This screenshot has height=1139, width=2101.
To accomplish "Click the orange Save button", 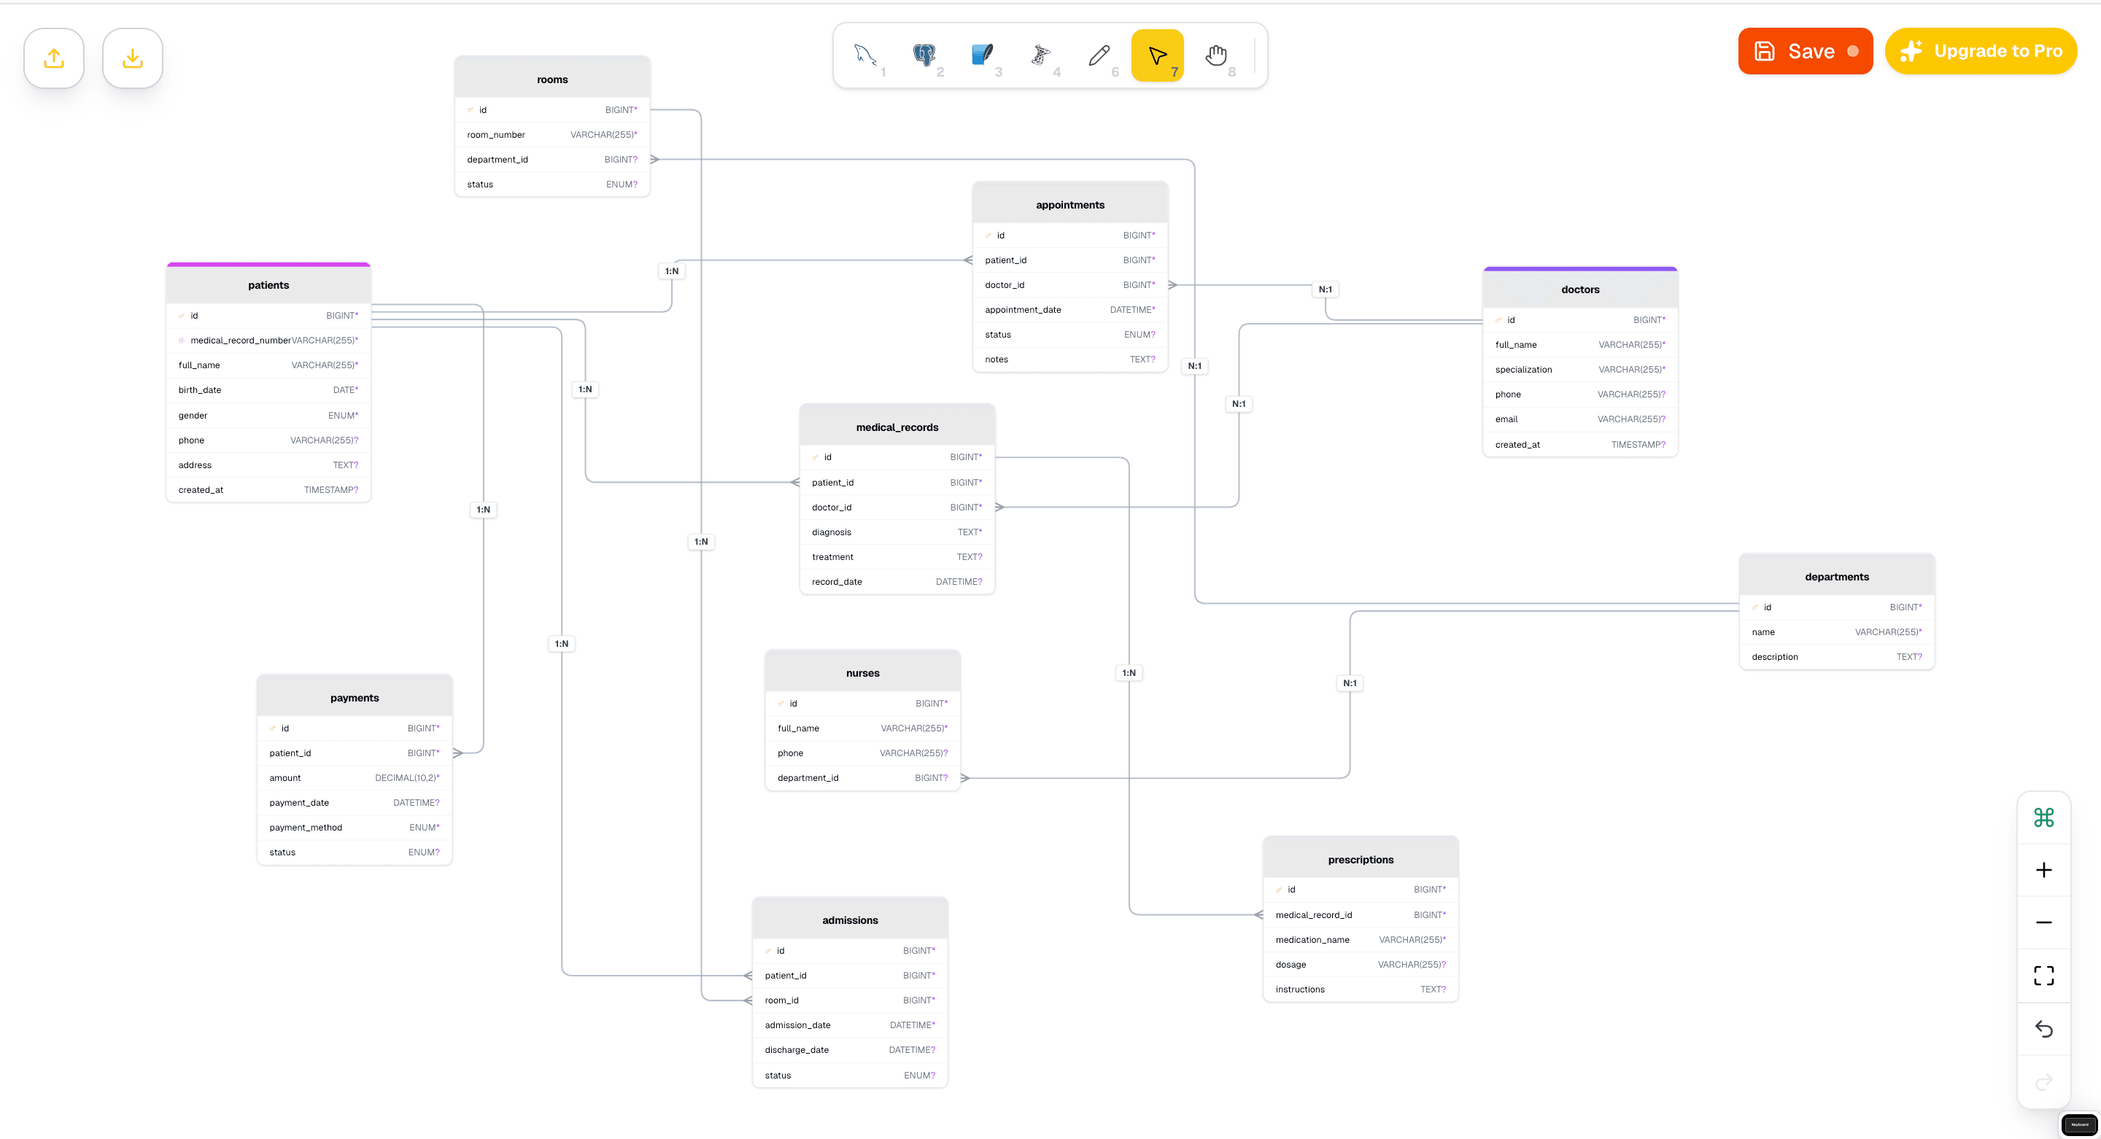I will pyautogui.click(x=1804, y=51).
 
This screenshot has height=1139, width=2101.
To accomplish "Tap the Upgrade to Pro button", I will pyautogui.click(x=1981, y=51).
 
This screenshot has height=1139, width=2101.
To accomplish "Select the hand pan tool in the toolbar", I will pyautogui.click(x=1216, y=55).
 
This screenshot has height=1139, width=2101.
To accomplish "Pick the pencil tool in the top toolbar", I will pyautogui.click(x=1099, y=55).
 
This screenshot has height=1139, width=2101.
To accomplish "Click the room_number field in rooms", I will pyautogui.click(x=496, y=134).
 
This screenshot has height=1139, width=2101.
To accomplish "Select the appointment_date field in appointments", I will pyautogui.click(x=1023, y=310).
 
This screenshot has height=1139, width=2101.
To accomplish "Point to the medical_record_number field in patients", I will pyautogui.click(x=241, y=341).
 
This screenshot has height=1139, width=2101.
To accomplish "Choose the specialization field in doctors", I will pyautogui.click(x=1522, y=370).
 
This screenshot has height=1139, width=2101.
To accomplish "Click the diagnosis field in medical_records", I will pyautogui.click(x=831, y=532).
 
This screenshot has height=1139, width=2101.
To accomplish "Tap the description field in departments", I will pyautogui.click(x=1775, y=657).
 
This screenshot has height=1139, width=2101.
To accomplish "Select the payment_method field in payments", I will pyautogui.click(x=306, y=828).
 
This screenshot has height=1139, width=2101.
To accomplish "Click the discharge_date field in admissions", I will pyautogui.click(x=796, y=1050).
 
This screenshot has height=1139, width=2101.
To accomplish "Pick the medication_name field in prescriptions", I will pyautogui.click(x=1312, y=940).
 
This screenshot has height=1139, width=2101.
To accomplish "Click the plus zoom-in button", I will pyautogui.click(x=2043, y=870).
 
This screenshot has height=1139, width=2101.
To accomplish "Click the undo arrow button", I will pyautogui.click(x=2043, y=1029).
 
